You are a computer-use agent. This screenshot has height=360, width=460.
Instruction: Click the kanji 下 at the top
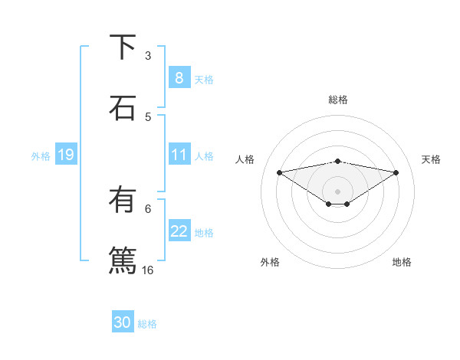click(123, 47)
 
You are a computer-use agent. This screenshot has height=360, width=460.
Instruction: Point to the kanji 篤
click(123, 259)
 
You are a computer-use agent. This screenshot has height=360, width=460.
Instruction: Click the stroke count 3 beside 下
click(148, 55)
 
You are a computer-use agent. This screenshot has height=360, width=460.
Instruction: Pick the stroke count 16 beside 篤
click(148, 270)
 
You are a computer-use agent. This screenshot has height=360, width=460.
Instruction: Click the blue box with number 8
click(179, 78)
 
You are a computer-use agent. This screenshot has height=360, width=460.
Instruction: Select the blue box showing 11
click(179, 155)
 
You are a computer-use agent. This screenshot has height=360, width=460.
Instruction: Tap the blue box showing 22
click(179, 232)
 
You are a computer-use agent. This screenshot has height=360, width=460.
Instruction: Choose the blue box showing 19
click(65, 155)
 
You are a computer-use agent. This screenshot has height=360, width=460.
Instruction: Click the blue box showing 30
click(122, 323)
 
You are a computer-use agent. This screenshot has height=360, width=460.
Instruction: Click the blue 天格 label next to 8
click(203, 79)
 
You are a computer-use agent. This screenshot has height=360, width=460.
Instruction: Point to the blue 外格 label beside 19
click(41, 156)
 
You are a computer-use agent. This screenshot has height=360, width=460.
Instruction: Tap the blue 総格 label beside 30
click(147, 324)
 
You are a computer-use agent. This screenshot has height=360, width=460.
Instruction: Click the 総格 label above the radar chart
click(338, 100)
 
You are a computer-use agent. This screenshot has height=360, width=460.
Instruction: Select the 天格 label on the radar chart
click(431, 159)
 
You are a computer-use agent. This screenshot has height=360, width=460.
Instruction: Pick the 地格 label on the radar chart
click(402, 262)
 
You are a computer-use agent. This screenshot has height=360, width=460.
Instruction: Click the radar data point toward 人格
click(279, 172)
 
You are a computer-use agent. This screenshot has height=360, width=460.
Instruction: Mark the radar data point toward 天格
click(396, 172)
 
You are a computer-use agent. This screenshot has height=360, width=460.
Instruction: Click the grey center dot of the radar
click(338, 191)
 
